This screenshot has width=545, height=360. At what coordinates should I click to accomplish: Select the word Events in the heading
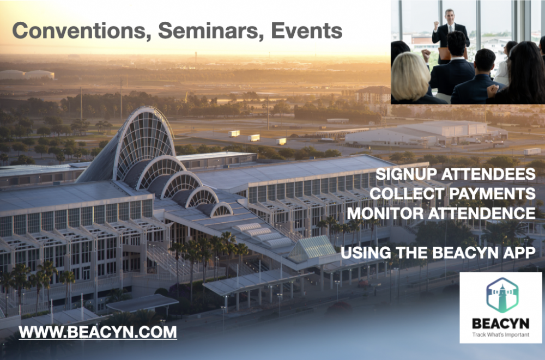pos(306,30)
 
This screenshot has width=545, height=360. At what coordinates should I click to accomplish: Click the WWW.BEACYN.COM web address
pos(98,332)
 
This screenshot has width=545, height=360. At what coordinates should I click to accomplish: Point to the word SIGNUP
pos(407,174)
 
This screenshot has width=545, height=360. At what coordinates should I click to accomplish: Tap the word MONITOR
pos(385,213)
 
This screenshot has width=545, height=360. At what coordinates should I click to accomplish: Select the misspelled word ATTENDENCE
pos(481,213)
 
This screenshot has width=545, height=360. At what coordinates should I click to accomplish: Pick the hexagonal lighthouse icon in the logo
pos(502,295)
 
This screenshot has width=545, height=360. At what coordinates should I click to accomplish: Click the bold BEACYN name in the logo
pos(500,324)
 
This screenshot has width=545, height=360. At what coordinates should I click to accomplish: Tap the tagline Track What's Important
pos(500,334)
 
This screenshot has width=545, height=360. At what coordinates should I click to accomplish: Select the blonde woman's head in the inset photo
pos(411,75)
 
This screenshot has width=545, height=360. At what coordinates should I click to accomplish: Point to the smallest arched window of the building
pos(222,210)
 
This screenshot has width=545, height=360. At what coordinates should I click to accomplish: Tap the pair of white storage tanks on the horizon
pos(27,75)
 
